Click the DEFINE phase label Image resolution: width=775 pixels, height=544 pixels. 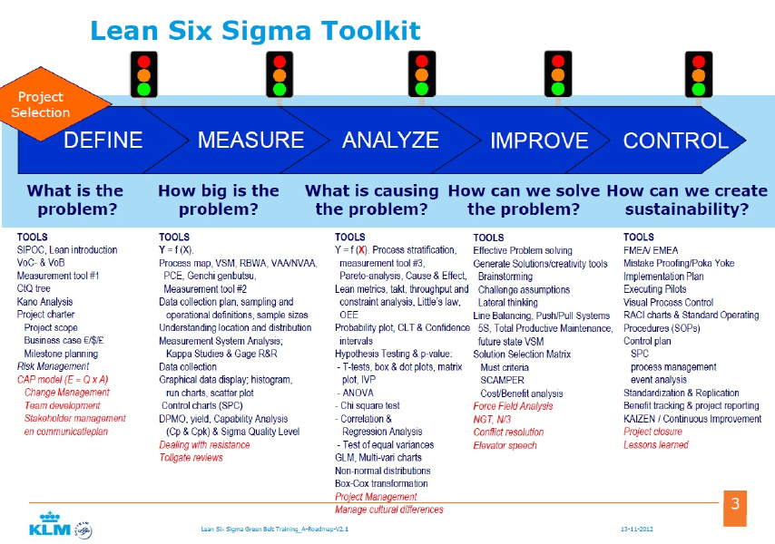pyautogui.click(x=103, y=141)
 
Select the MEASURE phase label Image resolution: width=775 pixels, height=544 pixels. pyautogui.click(x=250, y=141)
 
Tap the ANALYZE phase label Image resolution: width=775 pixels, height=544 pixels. pyautogui.click(x=390, y=141)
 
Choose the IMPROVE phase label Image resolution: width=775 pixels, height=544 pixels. pyautogui.click(x=539, y=141)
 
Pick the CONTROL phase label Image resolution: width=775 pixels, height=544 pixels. pyautogui.click(x=675, y=141)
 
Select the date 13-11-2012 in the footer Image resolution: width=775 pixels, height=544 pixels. pyautogui.click(x=638, y=527)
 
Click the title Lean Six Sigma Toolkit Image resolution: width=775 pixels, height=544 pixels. pyautogui.click(x=255, y=32)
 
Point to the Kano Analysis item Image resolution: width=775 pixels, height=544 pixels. pyautogui.click(x=45, y=302)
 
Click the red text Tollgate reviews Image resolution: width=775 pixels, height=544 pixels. pyautogui.click(x=191, y=458)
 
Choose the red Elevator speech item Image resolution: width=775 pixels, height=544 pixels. pyautogui.click(x=505, y=445)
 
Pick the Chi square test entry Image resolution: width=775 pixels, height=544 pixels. pyautogui.click(x=369, y=406)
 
